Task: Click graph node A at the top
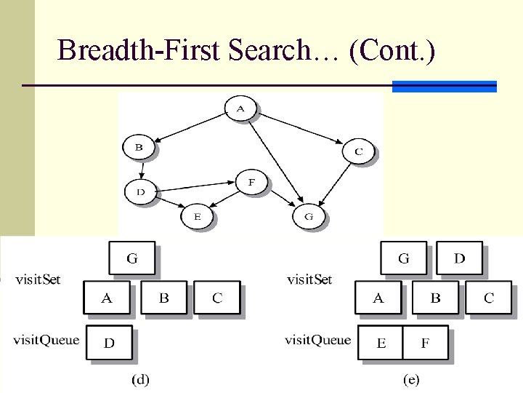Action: coord(241,109)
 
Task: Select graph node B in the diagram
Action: coord(139,147)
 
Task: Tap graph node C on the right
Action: coord(358,151)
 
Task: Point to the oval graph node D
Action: coord(140,192)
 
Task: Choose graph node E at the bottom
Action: coord(196,216)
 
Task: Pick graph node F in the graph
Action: coord(251,182)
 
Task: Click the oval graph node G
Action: coord(309,216)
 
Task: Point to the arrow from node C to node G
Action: coord(334,186)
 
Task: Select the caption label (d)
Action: coord(139,378)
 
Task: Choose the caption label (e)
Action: coord(411,378)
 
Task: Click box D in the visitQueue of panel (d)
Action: coord(109,343)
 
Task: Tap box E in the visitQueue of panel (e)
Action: coord(381,343)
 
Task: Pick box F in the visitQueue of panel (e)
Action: coord(425,343)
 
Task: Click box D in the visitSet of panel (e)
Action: coord(460,258)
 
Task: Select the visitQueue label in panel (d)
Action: coord(46,340)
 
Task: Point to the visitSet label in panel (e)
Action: coord(309,279)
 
